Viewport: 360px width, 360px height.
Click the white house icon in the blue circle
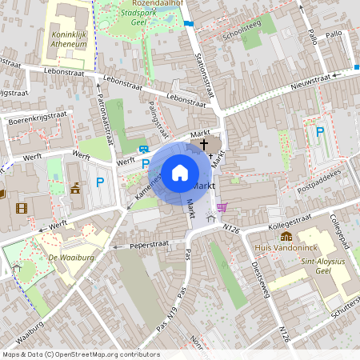179,172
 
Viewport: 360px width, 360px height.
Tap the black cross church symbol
203,145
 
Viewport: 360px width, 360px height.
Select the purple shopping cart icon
222,207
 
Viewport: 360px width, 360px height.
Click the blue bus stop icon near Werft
144,150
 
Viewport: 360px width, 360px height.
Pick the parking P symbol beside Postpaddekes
320,132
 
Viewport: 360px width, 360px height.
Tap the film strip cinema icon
20,209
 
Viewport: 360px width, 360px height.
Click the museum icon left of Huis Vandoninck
286,236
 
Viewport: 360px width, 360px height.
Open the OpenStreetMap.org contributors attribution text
104,354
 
